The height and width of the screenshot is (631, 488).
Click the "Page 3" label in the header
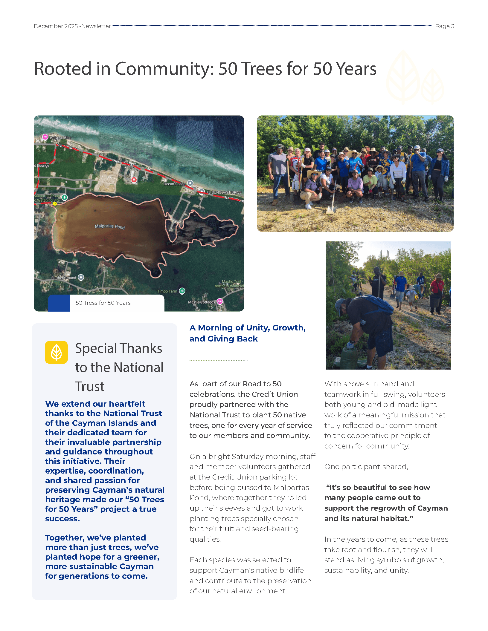(x=444, y=26)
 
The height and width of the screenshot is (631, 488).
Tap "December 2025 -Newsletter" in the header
(x=72, y=26)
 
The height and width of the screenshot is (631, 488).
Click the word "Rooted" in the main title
(x=62, y=69)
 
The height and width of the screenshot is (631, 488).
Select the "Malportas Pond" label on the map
(x=109, y=226)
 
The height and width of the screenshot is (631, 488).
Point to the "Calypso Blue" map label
(x=60, y=138)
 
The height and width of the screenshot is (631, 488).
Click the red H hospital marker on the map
(x=134, y=180)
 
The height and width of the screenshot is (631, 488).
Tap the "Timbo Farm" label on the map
(x=167, y=291)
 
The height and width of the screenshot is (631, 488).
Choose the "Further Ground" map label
(x=63, y=278)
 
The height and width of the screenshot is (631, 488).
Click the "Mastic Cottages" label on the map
(x=201, y=302)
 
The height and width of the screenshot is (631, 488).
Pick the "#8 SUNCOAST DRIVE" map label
(x=224, y=192)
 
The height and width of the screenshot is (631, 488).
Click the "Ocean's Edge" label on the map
(x=174, y=184)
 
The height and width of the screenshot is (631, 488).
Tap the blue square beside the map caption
(x=59, y=303)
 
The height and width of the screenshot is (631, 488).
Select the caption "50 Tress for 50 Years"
(x=103, y=303)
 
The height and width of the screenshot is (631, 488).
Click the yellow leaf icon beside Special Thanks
(x=56, y=352)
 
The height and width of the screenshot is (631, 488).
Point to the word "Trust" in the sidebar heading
(x=90, y=387)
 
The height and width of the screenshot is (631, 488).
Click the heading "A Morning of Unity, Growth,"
(x=247, y=328)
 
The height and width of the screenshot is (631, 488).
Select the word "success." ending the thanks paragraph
(x=62, y=519)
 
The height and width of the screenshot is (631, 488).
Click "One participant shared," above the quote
(x=366, y=467)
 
